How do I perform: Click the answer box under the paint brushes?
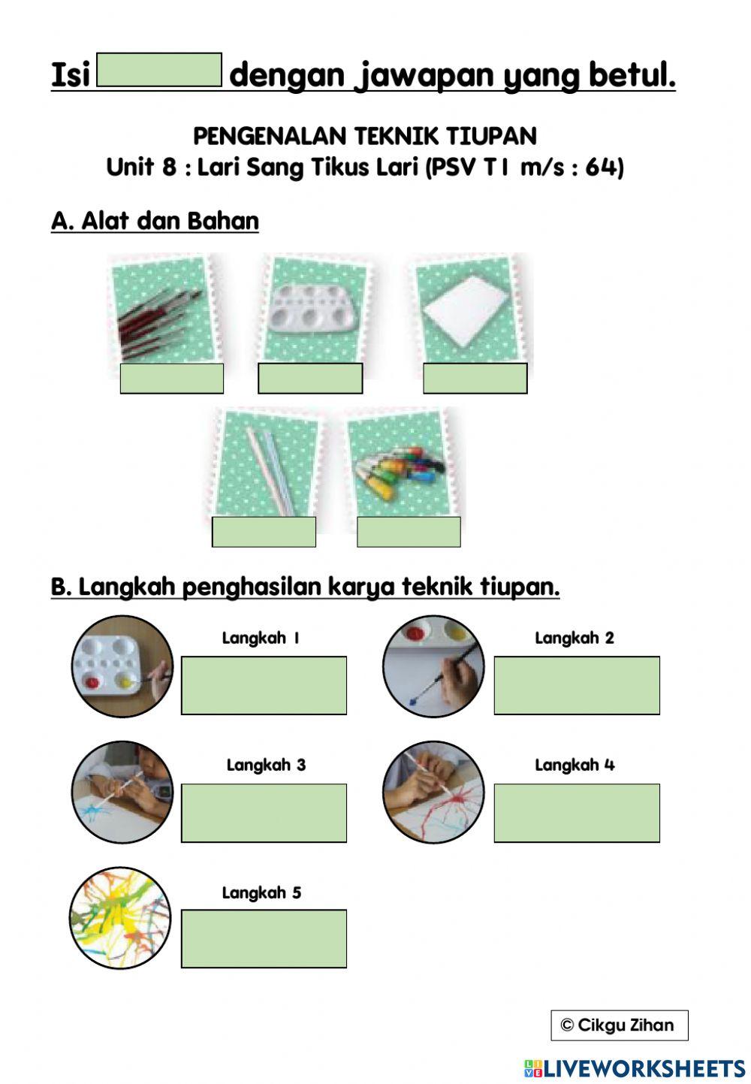(171, 378)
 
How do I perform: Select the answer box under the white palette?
(309, 378)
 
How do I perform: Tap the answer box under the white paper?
(475, 378)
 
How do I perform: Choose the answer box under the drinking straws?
(264, 532)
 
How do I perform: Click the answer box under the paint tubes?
(409, 532)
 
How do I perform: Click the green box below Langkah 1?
(264, 685)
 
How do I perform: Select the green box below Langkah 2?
(576, 685)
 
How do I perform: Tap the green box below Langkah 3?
(264, 813)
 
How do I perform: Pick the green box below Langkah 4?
(576, 813)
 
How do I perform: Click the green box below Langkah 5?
(264, 938)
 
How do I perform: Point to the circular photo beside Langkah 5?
(120, 917)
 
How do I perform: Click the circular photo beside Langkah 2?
(433, 666)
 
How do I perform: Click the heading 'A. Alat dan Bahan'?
(155, 222)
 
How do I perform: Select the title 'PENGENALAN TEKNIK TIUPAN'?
(365, 136)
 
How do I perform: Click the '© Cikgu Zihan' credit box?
(619, 1025)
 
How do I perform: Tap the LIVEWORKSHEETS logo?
(635, 1068)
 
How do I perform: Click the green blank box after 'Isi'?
(159, 70)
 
